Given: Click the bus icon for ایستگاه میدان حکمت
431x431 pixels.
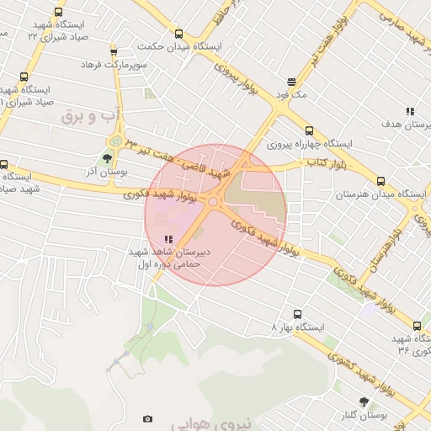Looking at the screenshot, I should click(178, 35).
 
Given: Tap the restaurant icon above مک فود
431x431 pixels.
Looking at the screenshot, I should click(291, 82).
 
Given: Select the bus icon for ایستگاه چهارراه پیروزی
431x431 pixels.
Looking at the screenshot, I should click(309, 130).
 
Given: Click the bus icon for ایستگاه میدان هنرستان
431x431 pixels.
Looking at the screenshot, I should click(380, 181).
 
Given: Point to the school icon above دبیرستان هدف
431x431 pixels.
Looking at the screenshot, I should click(410, 111).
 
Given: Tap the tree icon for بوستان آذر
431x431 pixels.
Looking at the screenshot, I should click(106, 157).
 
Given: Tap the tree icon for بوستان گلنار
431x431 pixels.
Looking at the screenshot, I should click(364, 402).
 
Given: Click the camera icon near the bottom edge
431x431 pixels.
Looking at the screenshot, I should click(148, 418).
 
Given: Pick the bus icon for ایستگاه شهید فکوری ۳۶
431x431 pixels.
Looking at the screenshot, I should click(416, 326).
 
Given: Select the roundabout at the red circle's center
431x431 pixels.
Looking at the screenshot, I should click(214, 200).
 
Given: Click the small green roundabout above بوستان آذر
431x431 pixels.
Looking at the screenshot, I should click(115, 141).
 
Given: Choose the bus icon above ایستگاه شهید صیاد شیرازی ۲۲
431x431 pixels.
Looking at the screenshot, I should click(57, 13).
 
